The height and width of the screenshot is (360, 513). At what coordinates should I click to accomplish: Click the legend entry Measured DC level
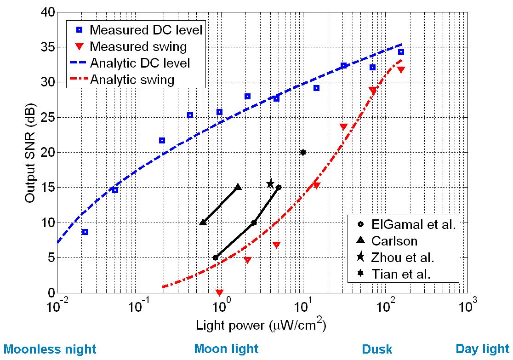[146, 30]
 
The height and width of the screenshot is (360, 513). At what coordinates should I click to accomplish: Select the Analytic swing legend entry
[132, 80]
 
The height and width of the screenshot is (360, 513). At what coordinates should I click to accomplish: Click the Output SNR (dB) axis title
[30, 153]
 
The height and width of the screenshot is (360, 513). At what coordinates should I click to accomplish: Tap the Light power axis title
[261, 326]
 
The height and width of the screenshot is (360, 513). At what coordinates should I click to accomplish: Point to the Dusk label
[377, 349]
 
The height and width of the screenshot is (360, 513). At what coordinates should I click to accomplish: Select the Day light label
[483, 349]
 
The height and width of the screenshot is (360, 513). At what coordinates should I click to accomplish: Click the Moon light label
[227, 349]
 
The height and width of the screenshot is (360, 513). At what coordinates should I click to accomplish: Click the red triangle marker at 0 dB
[220, 292]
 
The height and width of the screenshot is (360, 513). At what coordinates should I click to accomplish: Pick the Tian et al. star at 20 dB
[303, 152]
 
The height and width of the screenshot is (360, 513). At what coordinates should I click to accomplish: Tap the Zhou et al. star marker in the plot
[270, 184]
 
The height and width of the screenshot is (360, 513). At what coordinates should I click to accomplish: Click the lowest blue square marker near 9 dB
[85, 232]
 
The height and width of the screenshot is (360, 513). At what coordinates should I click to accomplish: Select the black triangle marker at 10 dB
[203, 223]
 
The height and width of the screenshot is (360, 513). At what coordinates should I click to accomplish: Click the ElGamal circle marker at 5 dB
[215, 257]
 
